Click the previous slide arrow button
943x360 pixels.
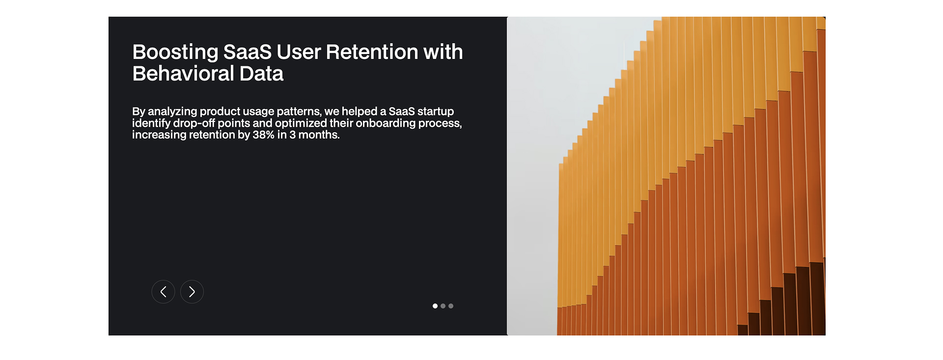(163, 292)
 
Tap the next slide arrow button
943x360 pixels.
(192, 292)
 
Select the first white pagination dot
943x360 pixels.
(435, 306)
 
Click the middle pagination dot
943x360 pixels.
(443, 306)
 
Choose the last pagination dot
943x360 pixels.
(451, 306)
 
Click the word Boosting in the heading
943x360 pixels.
(175, 52)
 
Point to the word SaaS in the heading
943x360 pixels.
(247, 52)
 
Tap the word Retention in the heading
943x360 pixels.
(372, 52)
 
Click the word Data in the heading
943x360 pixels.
(261, 74)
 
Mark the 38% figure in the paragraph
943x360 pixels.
(263, 135)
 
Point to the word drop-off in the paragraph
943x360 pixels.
(194, 123)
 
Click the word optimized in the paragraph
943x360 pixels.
(301, 123)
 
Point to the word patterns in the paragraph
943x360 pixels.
(298, 111)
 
